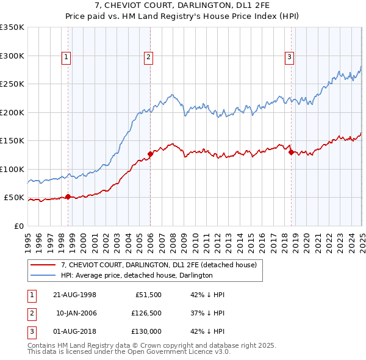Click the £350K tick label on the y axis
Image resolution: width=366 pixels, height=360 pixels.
(12, 27)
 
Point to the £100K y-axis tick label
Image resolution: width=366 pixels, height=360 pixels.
(12, 169)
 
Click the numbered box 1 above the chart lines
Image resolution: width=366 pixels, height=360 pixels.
(65, 57)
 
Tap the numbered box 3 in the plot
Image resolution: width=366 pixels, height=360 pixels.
(289, 57)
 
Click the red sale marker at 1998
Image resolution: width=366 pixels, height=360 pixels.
(68, 196)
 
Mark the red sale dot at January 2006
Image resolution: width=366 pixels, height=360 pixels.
(150, 154)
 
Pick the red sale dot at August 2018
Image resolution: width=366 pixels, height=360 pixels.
(291, 153)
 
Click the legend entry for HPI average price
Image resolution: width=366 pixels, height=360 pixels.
(136, 275)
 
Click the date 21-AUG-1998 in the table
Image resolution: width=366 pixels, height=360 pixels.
(74, 295)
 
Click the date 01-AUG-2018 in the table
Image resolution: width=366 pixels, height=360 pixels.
(74, 333)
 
